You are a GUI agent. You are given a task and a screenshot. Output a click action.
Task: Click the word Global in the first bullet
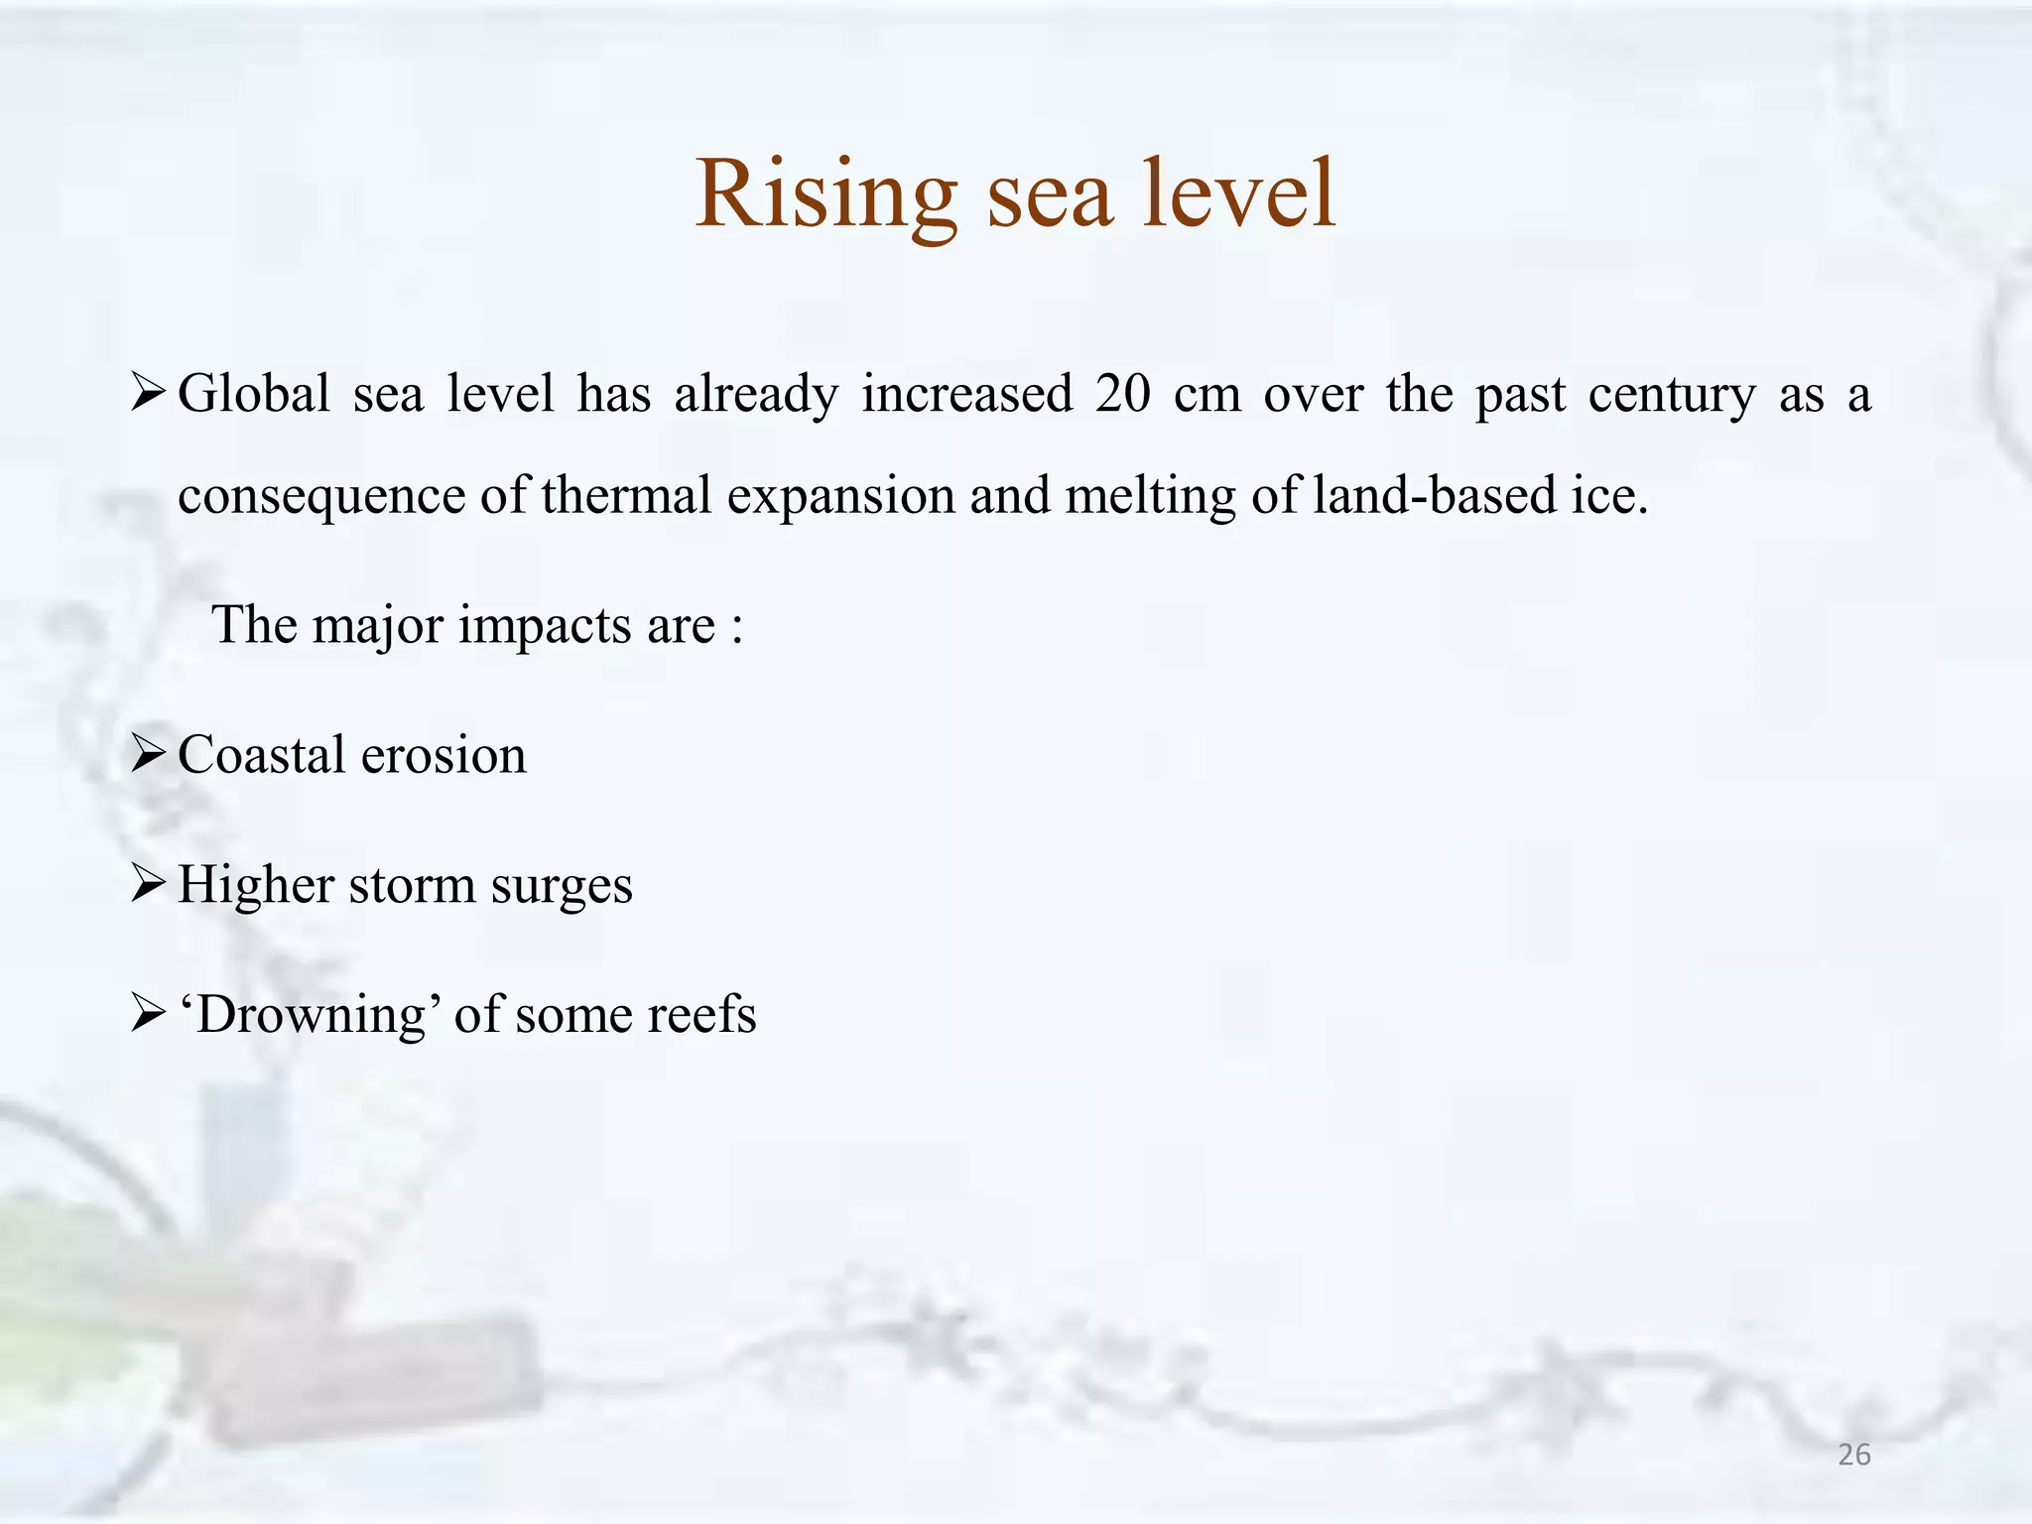254,394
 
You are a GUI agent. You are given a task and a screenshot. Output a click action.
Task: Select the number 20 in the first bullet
1122,394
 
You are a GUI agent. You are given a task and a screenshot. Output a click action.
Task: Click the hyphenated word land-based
1435,495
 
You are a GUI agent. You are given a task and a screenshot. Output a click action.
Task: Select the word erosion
444,756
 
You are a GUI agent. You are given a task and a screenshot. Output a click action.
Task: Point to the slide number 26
1853,1456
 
